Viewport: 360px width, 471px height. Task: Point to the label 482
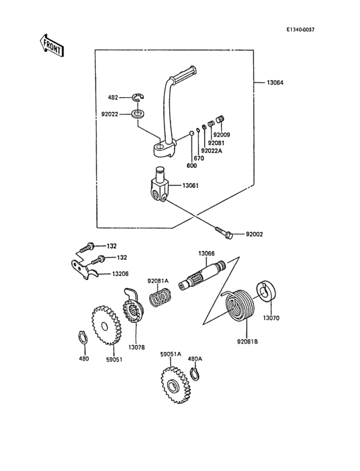(x=113, y=98)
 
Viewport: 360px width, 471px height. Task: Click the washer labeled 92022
(x=136, y=115)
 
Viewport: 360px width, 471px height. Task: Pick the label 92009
(x=222, y=135)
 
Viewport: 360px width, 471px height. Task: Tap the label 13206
(x=120, y=273)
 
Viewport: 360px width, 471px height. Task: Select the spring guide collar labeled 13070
(x=268, y=291)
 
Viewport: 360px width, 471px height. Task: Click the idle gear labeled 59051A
(x=173, y=386)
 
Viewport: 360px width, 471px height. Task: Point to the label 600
(x=192, y=165)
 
